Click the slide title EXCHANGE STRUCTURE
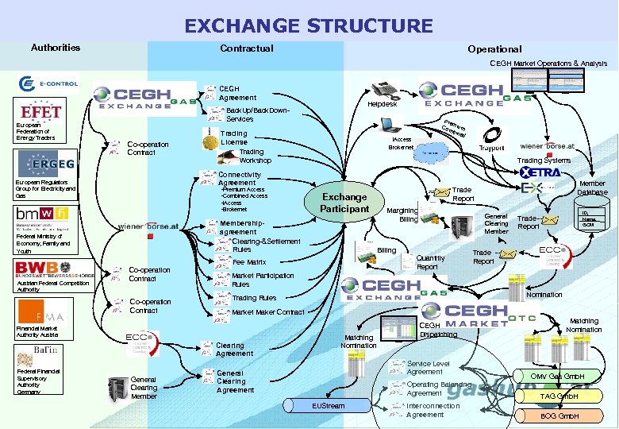point(309,25)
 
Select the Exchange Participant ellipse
point(344,203)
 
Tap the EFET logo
point(41,111)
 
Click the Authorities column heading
point(56,48)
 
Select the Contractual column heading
point(246,48)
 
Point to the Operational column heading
point(494,49)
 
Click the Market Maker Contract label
point(267,312)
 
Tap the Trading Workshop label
point(255,156)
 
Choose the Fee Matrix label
point(248,261)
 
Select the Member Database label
point(592,187)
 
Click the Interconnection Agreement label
point(433,410)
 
